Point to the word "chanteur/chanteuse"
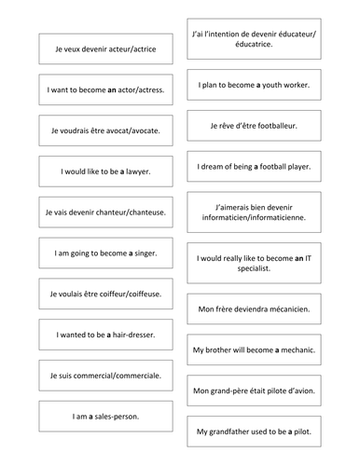pyautogui.click(x=130, y=212)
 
